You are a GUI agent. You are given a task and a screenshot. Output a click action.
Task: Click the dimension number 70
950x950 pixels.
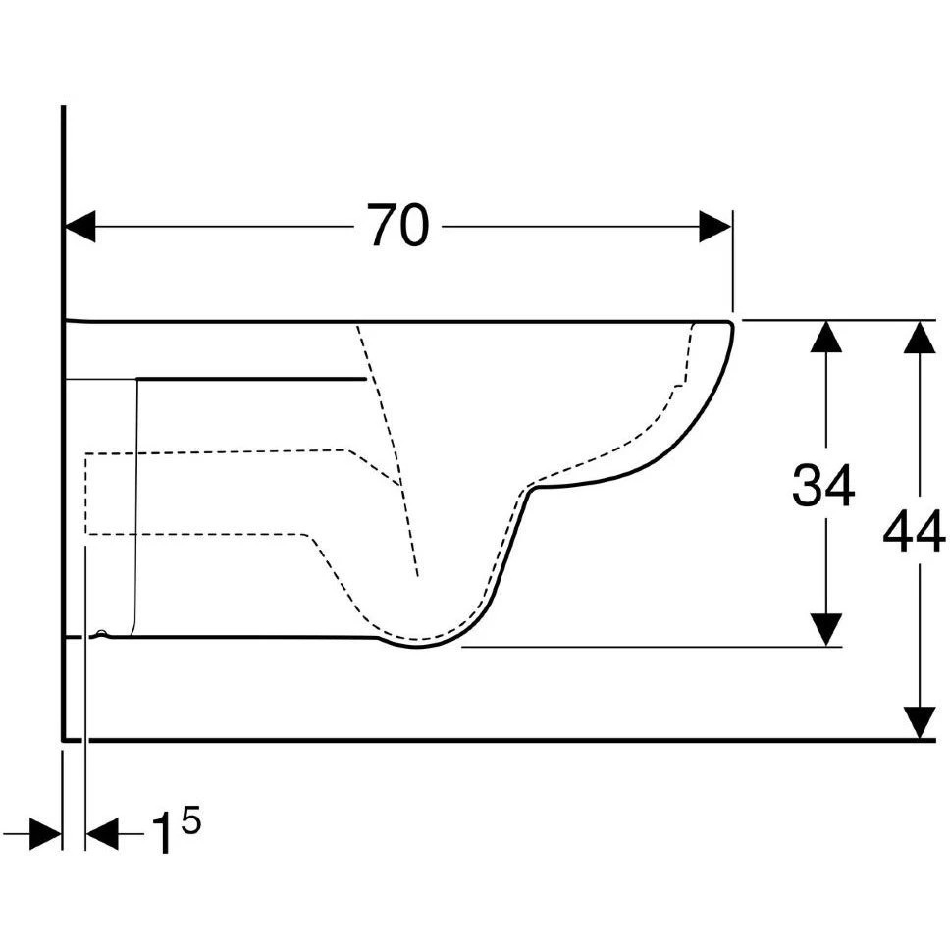click(398, 226)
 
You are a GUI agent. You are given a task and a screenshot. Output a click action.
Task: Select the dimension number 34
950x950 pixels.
click(823, 485)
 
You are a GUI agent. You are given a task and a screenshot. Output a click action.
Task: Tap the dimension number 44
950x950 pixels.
click(915, 531)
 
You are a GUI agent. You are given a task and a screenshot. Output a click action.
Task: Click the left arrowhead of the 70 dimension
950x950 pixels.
click(79, 226)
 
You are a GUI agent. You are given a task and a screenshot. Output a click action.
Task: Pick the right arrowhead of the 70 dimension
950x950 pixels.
click(714, 226)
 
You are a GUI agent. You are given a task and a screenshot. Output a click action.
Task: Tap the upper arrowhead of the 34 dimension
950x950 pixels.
click(825, 337)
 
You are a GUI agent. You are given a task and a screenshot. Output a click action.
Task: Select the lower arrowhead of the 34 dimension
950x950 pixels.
click(825, 630)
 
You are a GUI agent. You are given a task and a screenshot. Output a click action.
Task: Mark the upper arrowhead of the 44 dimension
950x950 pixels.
click(920, 337)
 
